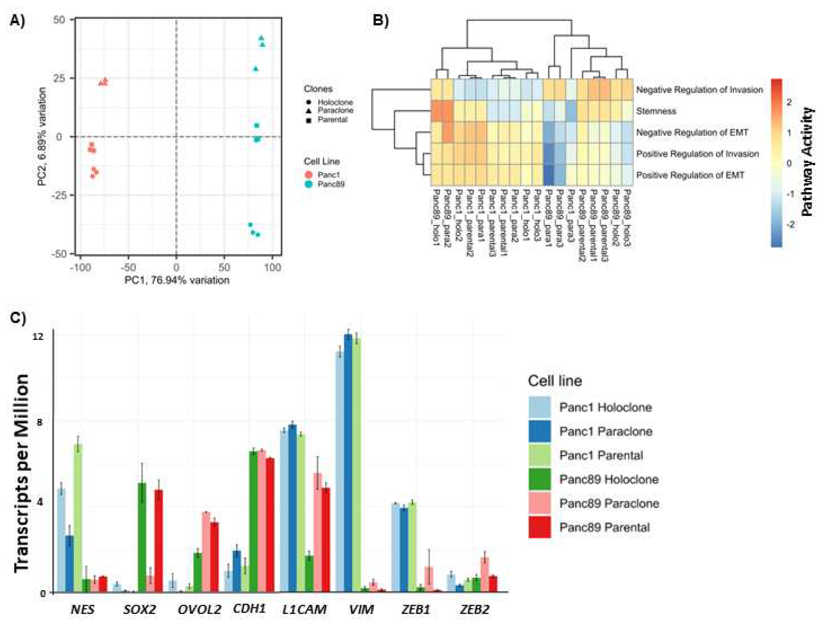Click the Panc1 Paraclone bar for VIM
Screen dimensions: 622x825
click(x=348, y=462)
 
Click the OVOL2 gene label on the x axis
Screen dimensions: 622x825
click(x=199, y=609)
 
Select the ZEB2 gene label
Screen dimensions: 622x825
click(x=474, y=609)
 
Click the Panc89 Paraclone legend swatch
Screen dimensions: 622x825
click(x=539, y=503)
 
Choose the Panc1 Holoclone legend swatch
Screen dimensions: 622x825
click(x=539, y=407)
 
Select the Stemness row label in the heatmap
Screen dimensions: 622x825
click(x=656, y=111)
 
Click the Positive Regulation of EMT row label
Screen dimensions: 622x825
click(x=690, y=175)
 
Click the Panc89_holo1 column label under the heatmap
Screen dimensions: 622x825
click(x=436, y=217)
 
